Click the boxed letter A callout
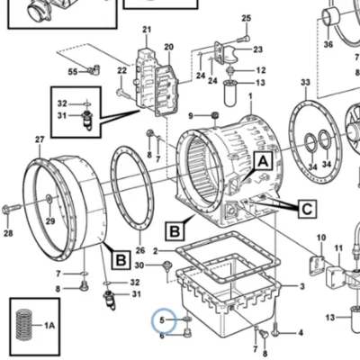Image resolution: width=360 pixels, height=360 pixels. tap(263, 162)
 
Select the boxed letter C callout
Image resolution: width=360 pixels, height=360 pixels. tap(307, 209)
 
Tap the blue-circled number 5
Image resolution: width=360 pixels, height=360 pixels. tap(162, 320)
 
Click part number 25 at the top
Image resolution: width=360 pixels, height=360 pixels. tap(246, 18)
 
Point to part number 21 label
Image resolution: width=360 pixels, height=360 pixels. tap(147, 30)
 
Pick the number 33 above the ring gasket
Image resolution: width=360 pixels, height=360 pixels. tap(305, 82)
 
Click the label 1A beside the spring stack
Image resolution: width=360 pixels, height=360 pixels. tap(49, 325)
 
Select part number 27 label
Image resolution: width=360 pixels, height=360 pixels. tap(40, 139)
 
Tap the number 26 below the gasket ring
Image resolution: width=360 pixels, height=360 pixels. tap(140, 250)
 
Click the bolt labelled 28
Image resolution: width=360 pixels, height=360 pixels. tap(12, 209)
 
